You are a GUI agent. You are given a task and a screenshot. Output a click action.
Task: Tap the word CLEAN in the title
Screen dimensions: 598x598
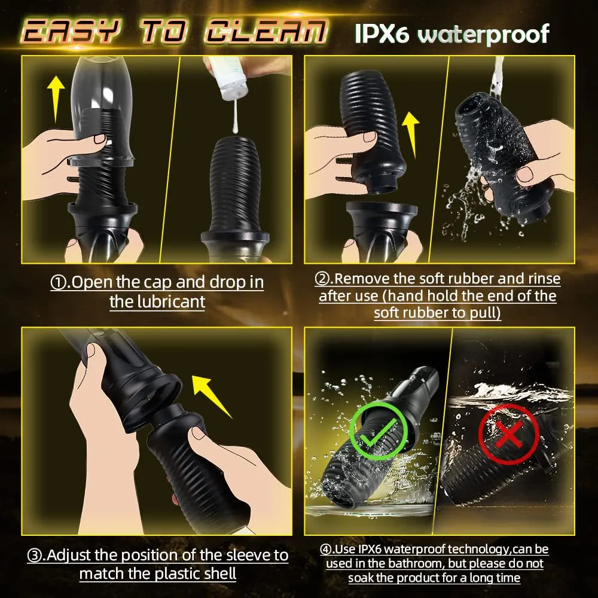coord(264,31)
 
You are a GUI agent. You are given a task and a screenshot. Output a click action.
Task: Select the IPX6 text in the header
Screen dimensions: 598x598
coord(383,34)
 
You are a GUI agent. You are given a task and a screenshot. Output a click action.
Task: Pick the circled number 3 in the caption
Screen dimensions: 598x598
coord(35,556)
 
